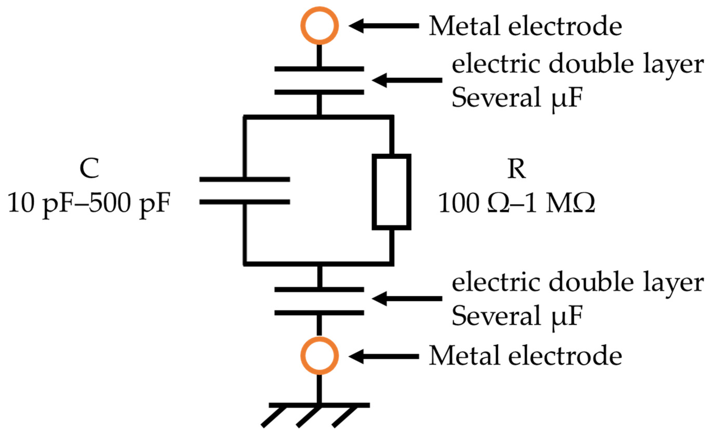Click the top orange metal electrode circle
tap(319, 26)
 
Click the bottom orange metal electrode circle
tap(319, 356)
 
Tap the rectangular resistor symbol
tap(391, 192)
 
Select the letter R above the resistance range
tap(516, 169)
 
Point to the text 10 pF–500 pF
tap(89, 203)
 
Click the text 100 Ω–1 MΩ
tap(516, 203)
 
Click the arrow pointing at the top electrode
tap(384, 26)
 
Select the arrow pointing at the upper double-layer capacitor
tap(407, 80)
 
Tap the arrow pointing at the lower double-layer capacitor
tap(407, 299)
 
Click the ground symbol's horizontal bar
tap(319, 405)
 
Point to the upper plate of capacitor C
tap(245, 179)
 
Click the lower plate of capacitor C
tap(245, 202)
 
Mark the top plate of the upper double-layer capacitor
tap(319, 69)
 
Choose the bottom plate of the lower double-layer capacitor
tap(319, 313)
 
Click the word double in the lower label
tap(591, 283)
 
